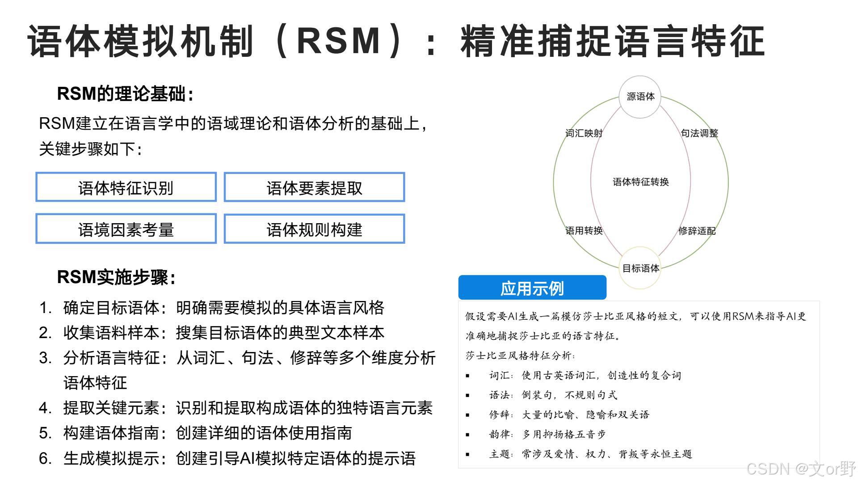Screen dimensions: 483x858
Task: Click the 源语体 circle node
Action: pyautogui.click(x=640, y=97)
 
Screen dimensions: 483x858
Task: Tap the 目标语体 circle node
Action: pyautogui.click(x=640, y=268)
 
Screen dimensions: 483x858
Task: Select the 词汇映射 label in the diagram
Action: pyautogui.click(x=584, y=133)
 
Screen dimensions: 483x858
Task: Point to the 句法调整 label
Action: pyautogui.click(x=699, y=133)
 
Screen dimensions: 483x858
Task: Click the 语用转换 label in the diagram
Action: pyautogui.click(x=584, y=231)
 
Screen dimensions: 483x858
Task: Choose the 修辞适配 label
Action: pyautogui.click(x=697, y=231)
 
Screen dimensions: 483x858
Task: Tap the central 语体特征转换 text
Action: pyautogui.click(x=640, y=182)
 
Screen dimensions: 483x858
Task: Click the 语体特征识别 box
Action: pyautogui.click(x=126, y=187)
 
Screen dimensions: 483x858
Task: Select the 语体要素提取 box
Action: pyautogui.click(x=314, y=187)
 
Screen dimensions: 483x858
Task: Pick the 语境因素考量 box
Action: pyautogui.click(x=126, y=229)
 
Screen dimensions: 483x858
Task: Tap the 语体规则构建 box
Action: pyautogui.click(x=314, y=229)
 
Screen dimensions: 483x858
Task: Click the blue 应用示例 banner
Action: pyautogui.click(x=532, y=288)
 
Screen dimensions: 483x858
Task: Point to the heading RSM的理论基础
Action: pyautogui.click(x=125, y=94)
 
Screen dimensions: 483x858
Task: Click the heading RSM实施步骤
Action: pyautogui.click(x=116, y=277)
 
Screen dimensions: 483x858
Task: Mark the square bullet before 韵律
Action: pyautogui.click(x=467, y=435)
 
